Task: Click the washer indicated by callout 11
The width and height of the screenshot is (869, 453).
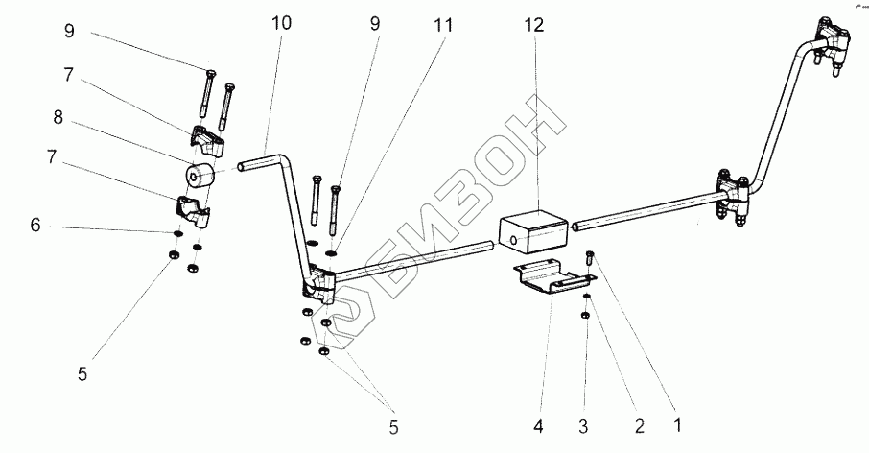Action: click(x=331, y=253)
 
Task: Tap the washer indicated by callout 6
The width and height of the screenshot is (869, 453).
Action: click(x=177, y=232)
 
